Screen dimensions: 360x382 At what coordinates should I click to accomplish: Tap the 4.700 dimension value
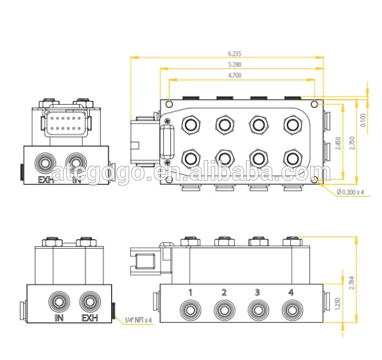pyautogui.click(x=235, y=75)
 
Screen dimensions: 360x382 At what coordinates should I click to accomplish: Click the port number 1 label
pyautogui.click(x=191, y=292)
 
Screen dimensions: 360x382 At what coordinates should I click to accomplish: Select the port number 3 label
pyautogui.click(x=257, y=292)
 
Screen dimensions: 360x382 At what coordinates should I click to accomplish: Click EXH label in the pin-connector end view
pyautogui.click(x=46, y=179)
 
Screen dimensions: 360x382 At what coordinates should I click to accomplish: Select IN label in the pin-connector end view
pyautogui.click(x=77, y=179)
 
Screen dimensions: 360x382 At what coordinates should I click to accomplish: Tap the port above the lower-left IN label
pyautogui.click(x=60, y=300)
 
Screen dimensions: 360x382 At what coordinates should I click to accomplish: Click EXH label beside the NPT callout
pyautogui.click(x=89, y=318)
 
